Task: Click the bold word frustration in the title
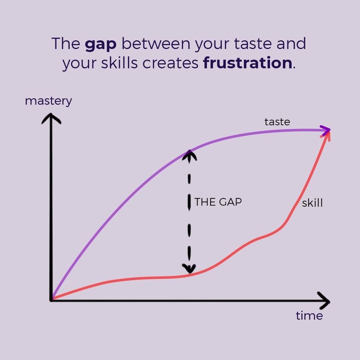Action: click(248, 63)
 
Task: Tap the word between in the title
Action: click(156, 43)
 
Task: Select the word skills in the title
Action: click(120, 63)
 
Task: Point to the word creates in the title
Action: click(170, 63)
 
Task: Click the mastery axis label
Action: click(49, 101)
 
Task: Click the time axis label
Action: click(309, 316)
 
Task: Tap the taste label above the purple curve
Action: click(277, 122)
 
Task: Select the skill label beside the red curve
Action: click(312, 203)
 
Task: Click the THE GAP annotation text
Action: click(218, 202)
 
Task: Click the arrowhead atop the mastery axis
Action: click(51, 118)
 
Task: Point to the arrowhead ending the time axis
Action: click(324, 301)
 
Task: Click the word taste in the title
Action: click(253, 43)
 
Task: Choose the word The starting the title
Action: click(66, 43)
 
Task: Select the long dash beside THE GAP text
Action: click(189, 202)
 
